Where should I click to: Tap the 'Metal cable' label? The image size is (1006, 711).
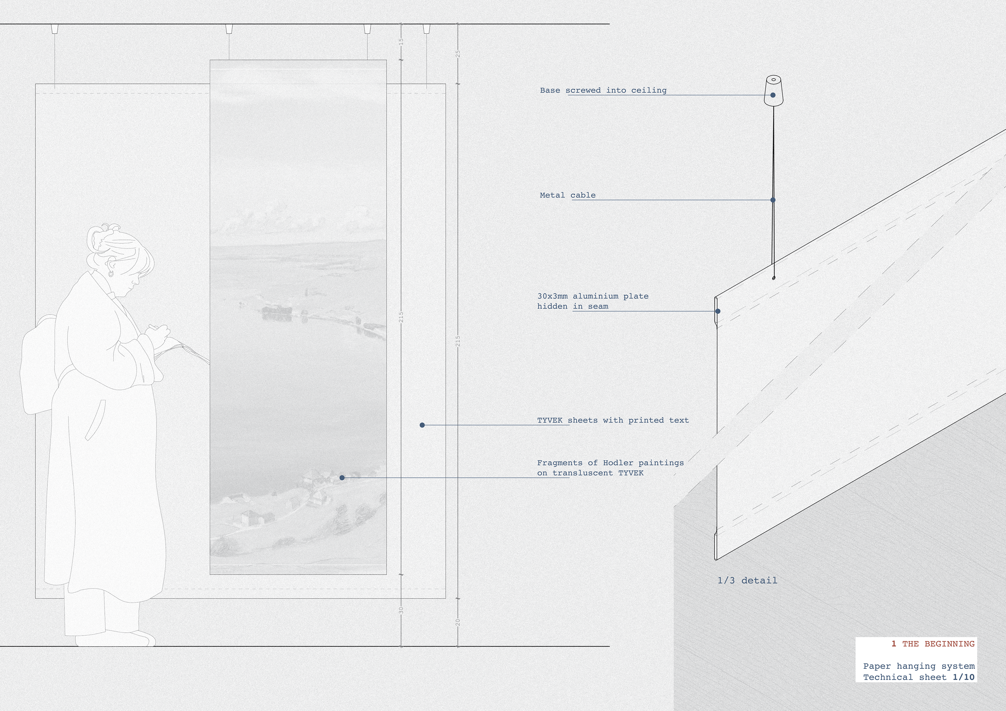567,195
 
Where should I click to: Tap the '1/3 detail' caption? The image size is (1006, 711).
747,580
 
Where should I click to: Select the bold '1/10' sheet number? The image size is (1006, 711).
964,677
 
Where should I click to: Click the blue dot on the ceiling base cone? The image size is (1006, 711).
773,95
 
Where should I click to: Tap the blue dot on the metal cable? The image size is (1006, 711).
773,200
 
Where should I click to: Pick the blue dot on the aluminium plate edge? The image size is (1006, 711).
718,311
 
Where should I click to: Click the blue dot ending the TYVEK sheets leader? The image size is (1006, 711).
422,425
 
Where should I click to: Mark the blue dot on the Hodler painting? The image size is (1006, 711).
342,477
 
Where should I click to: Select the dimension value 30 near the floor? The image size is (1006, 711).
401,610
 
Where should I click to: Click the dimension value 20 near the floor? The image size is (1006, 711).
458,622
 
